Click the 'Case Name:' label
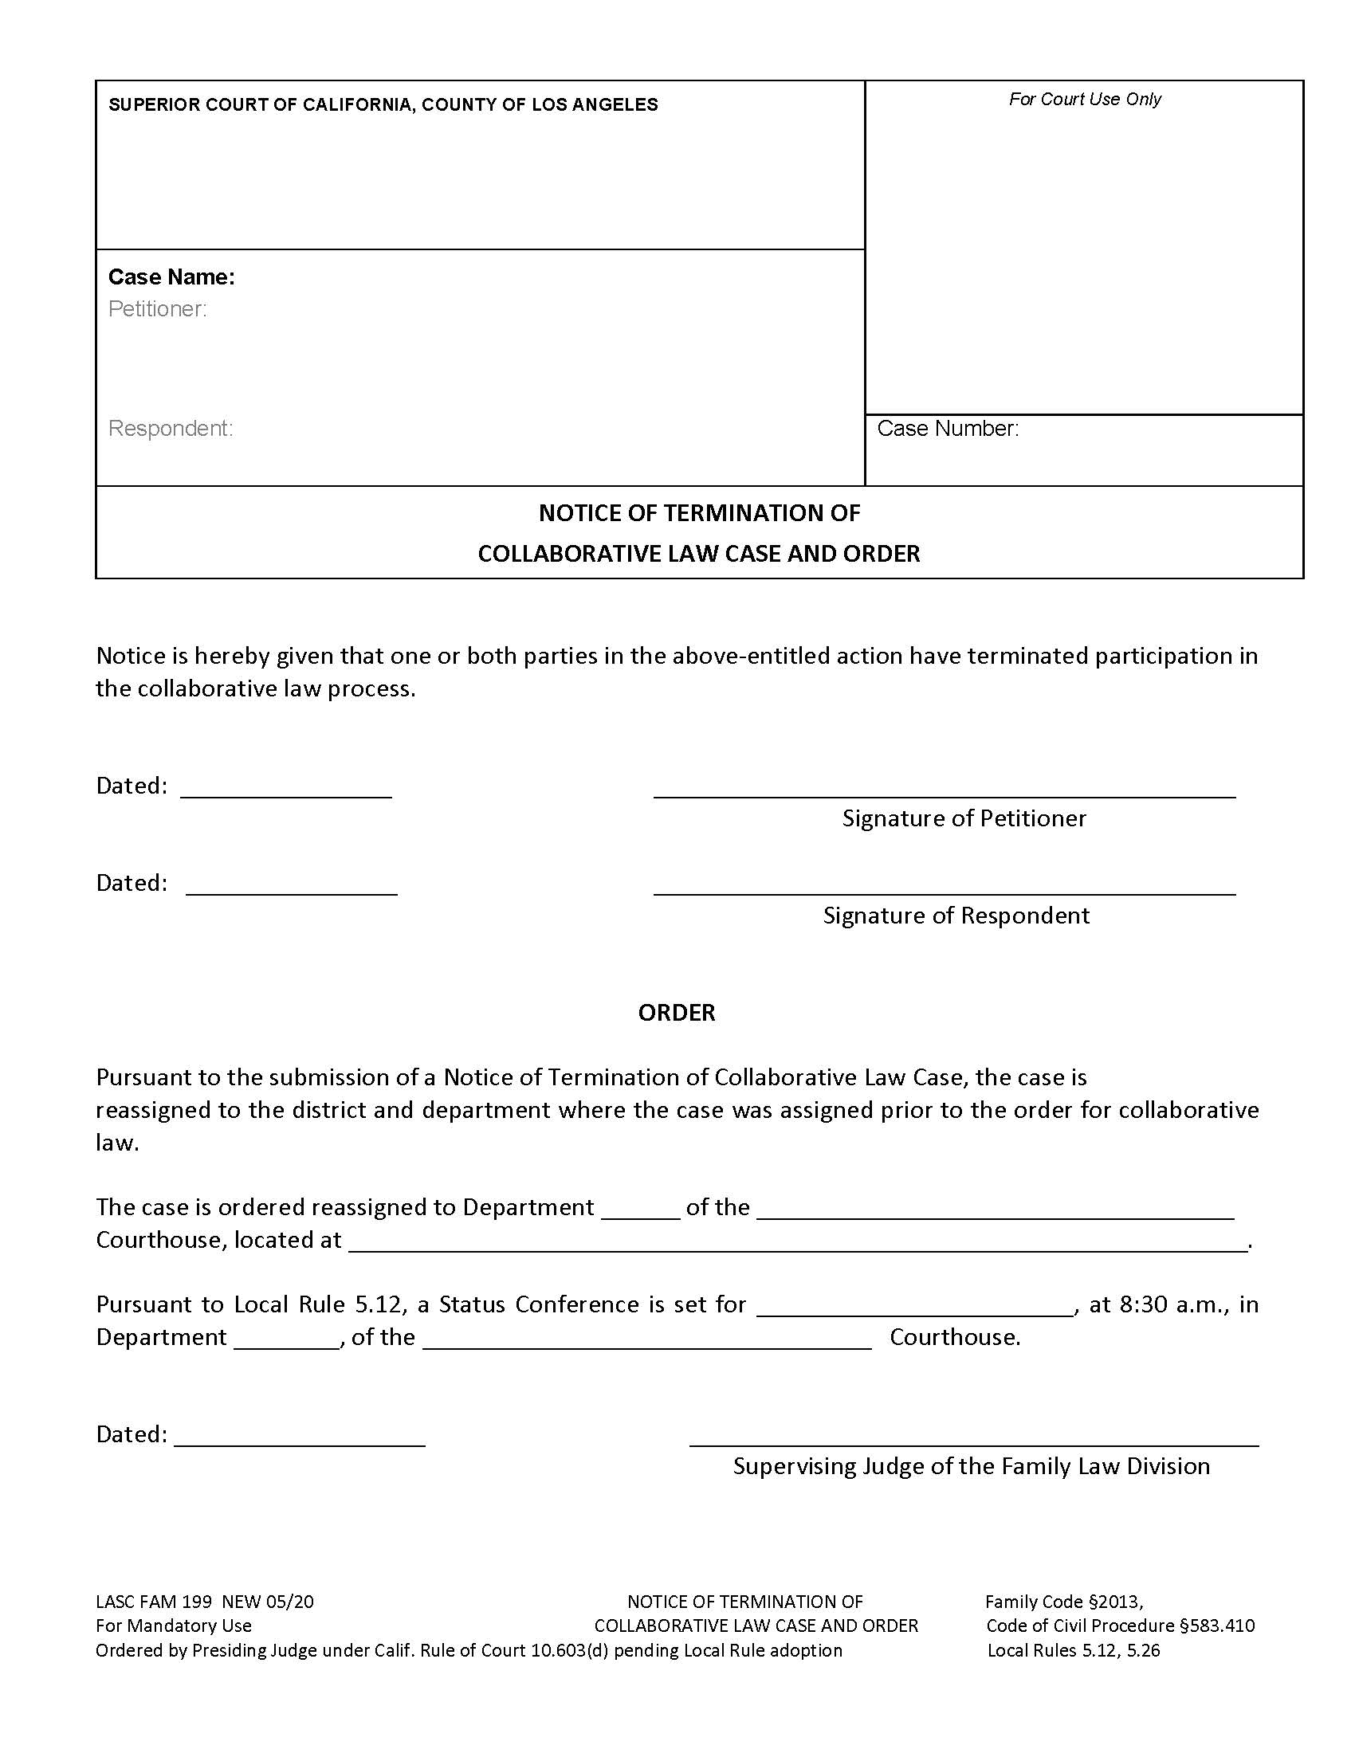coord(171,277)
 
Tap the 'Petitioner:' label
coord(157,309)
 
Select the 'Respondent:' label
coord(171,429)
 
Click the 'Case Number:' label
coord(947,429)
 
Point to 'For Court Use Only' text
coord(1085,99)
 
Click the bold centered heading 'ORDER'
coord(676,1013)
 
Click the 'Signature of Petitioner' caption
coord(964,818)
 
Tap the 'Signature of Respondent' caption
coord(955,916)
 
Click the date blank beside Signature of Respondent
coord(292,891)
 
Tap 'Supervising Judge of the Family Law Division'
coord(971,1466)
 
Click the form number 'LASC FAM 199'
coord(153,1602)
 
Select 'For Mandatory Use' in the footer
coord(174,1626)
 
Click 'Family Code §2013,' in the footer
coord(1063,1602)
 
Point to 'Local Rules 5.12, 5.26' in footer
coord(1074,1650)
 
